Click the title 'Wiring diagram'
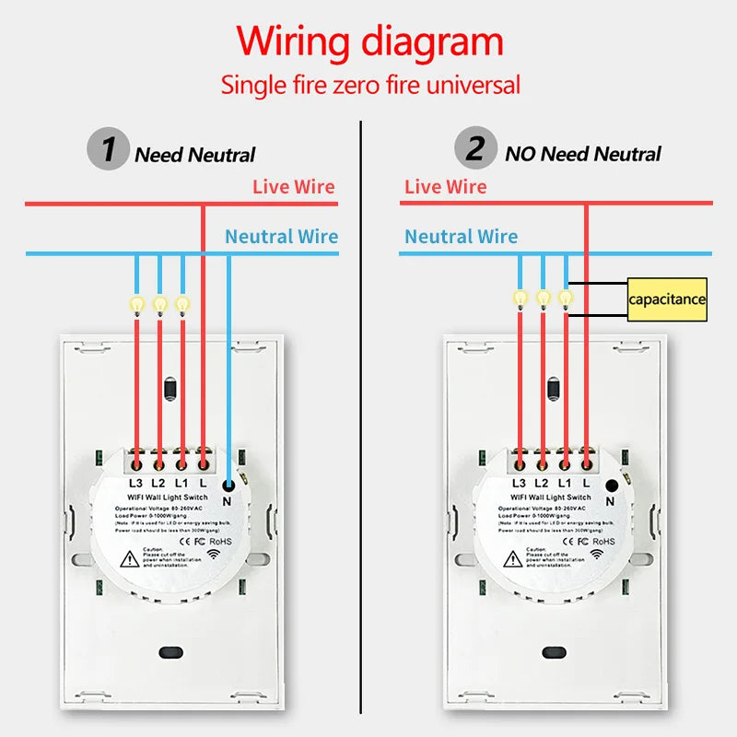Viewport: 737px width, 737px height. (x=369, y=42)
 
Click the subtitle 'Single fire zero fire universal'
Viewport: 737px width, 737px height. (x=369, y=86)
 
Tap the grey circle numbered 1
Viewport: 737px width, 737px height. (x=109, y=149)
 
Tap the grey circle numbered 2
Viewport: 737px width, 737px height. (x=474, y=149)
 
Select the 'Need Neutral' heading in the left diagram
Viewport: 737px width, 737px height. (x=194, y=155)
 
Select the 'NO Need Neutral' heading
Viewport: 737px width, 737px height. (x=582, y=154)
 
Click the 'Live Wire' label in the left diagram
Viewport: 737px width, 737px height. (x=294, y=187)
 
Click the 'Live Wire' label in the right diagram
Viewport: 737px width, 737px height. (x=445, y=187)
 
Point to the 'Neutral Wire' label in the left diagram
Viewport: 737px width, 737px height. (x=281, y=237)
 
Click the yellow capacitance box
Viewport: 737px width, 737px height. (x=667, y=299)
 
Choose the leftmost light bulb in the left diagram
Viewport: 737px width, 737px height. (x=136, y=304)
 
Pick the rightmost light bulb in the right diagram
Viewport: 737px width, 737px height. (x=566, y=298)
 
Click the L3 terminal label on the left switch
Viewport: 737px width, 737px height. (x=135, y=483)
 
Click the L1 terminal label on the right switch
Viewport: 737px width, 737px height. (x=564, y=483)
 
